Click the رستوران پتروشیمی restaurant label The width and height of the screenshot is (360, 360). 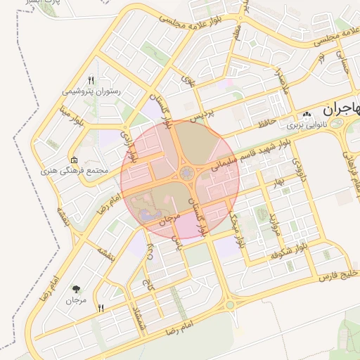click(92, 91)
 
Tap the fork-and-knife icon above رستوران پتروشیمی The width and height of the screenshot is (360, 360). click(91, 79)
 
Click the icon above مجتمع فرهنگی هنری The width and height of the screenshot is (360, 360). click(75, 160)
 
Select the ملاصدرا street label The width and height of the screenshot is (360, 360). click(281, 84)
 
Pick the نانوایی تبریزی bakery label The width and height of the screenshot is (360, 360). click(306, 125)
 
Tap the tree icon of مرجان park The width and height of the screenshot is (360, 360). click(76, 288)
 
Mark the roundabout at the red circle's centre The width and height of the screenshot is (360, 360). click(186, 172)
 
